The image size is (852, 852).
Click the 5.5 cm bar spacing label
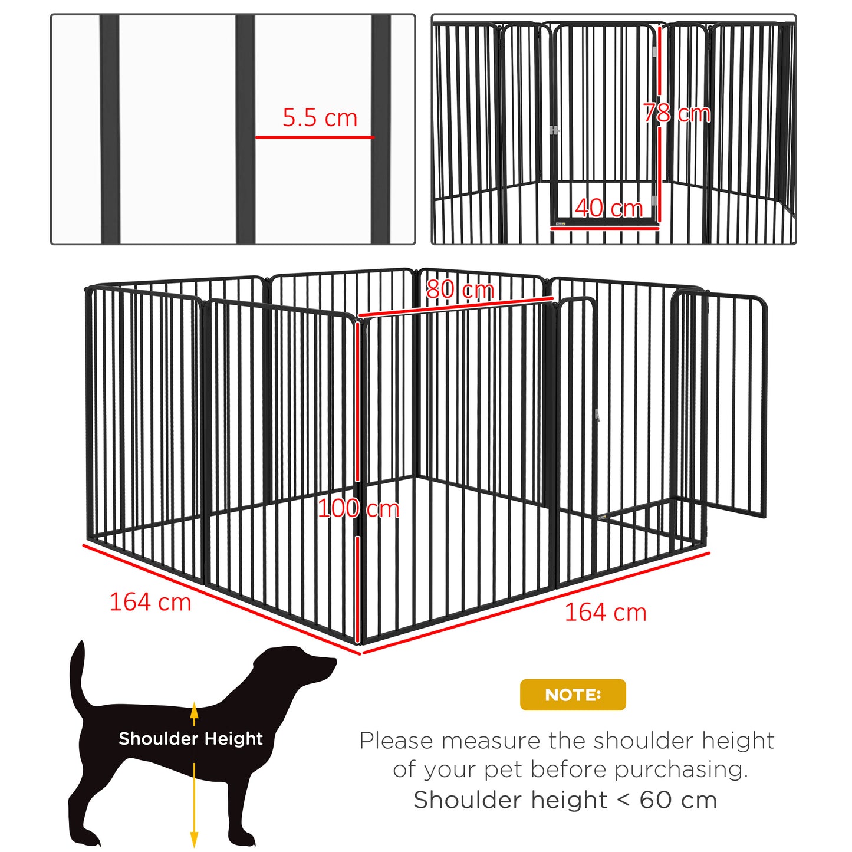320,118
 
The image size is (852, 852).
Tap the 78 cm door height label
677,113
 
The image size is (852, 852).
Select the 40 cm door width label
608,208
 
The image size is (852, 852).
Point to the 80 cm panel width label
460,290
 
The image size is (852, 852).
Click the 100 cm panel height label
358,508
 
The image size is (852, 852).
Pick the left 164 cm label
150,602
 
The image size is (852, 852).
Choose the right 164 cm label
606,613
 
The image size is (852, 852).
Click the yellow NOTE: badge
573,695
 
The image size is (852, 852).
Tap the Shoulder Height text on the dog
190,738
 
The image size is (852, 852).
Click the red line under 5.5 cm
314,137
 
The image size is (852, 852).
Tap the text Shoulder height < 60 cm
565,800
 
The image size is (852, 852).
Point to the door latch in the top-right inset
554,130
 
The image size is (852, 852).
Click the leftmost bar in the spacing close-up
110,129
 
